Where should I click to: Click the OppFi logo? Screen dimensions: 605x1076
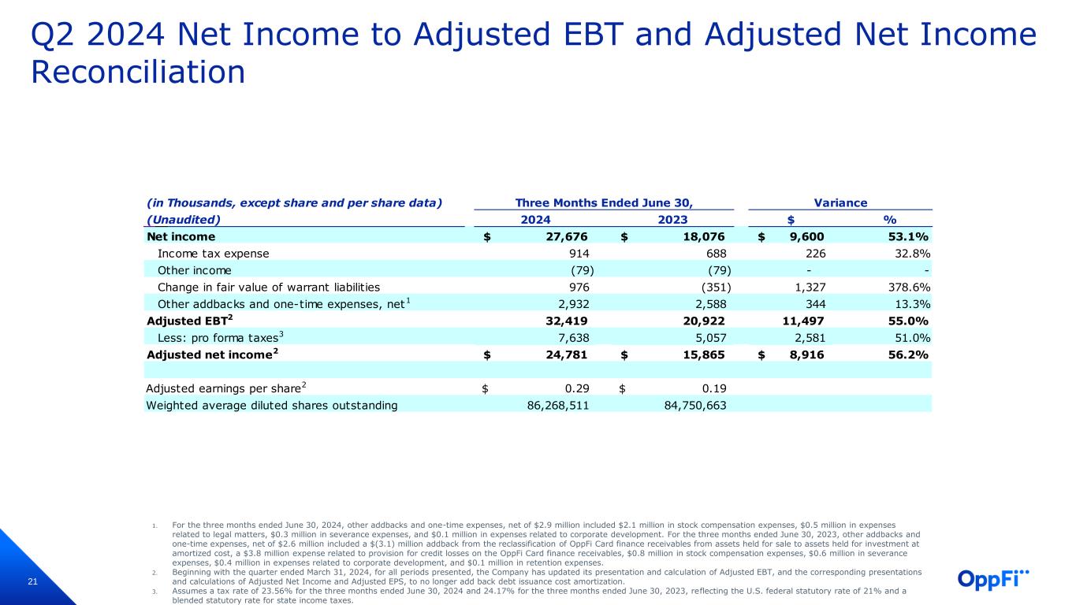[992, 578]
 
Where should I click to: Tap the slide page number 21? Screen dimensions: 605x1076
[33, 582]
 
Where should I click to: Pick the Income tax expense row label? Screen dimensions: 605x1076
[214, 254]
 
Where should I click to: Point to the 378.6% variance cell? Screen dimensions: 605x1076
[909, 288]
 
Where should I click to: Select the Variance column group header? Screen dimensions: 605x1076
[840, 202]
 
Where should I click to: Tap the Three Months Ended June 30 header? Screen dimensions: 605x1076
[603, 202]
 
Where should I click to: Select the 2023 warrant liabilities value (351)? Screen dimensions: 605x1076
[714, 288]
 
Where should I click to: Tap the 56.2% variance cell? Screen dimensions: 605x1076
[909, 354]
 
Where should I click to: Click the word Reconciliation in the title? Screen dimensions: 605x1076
[138, 72]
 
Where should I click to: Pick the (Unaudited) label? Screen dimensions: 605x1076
[184, 220]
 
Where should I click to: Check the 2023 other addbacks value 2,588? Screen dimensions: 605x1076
[709, 304]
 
